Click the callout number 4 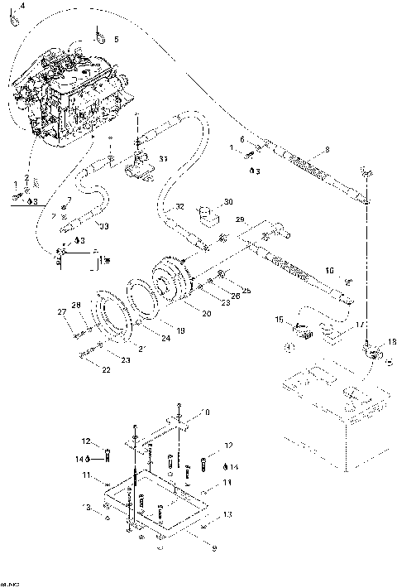coord(22,6)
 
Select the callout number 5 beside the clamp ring coord(116,39)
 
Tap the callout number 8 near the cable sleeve coord(327,149)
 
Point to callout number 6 coord(242,139)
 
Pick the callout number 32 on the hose coord(180,206)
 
